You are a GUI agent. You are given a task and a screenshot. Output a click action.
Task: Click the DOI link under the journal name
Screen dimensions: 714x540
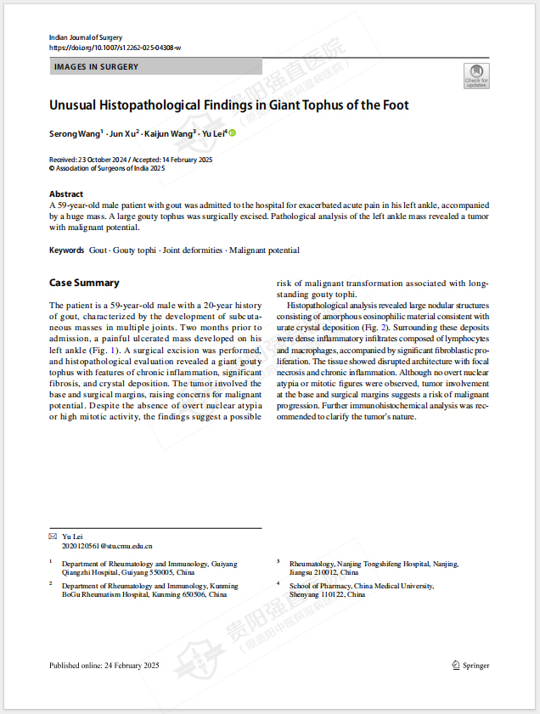click(x=115, y=48)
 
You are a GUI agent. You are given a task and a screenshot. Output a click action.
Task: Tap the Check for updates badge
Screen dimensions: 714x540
click(x=476, y=76)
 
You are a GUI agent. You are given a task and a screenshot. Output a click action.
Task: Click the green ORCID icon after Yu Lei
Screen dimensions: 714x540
click(x=232, y=133)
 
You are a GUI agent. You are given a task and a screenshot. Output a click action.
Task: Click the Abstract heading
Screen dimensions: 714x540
click(x=66, y=194)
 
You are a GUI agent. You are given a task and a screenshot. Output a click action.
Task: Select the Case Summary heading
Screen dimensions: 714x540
click(x=84, y=283)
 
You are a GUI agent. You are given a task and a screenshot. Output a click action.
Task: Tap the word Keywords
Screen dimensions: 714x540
click(x=67, y=250)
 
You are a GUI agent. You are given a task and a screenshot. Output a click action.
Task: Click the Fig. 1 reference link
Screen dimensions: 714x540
click(x=110, y=350)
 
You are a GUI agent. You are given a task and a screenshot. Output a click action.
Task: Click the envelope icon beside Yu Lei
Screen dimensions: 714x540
click(x=53, y=537)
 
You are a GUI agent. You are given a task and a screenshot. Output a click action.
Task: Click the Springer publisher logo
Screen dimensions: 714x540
click(x=470, y=666)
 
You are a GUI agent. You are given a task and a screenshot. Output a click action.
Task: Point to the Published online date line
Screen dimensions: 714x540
click(x=104, y=666)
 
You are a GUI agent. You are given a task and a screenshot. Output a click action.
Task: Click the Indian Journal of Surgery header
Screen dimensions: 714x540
click(x=86, y=37)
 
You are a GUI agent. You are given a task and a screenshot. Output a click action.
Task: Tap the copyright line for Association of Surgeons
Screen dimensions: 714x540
click(x=107, y=168)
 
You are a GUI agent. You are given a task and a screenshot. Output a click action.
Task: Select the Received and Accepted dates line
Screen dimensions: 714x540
click(x=131, y=160)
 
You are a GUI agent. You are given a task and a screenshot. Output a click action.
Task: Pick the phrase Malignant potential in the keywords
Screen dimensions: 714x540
click(x=264, y=250)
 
